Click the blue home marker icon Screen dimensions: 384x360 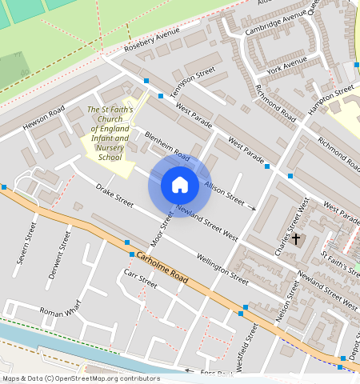pos(180,186)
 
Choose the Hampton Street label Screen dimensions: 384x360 pos(332,99)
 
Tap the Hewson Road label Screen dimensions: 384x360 pos(42,120)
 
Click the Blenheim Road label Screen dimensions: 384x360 pos(167,145)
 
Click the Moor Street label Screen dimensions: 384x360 pos(162,230)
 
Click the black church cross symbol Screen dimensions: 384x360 pos(296,238)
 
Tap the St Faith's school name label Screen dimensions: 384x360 pos(109,133)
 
